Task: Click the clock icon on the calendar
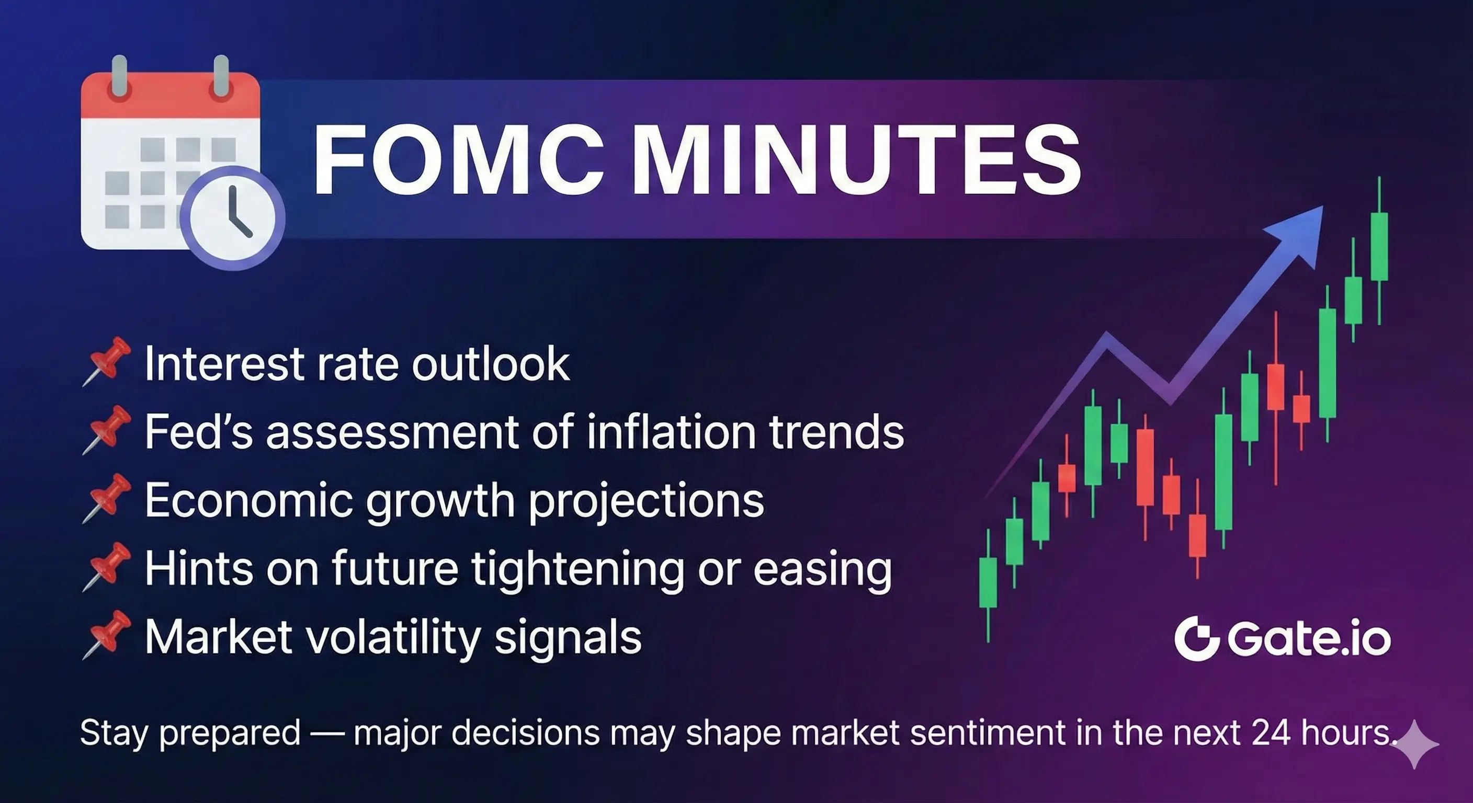point(232,218)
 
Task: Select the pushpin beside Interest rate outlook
point(107,361)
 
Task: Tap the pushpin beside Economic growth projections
point(107,498)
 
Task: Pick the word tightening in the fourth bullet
point(577,569)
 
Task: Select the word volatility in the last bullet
point(394,637)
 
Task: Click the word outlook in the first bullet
point(491,363)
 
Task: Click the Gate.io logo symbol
point(1196,638)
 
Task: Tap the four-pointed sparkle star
point(1414,744)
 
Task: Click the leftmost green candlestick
point(988,582)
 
